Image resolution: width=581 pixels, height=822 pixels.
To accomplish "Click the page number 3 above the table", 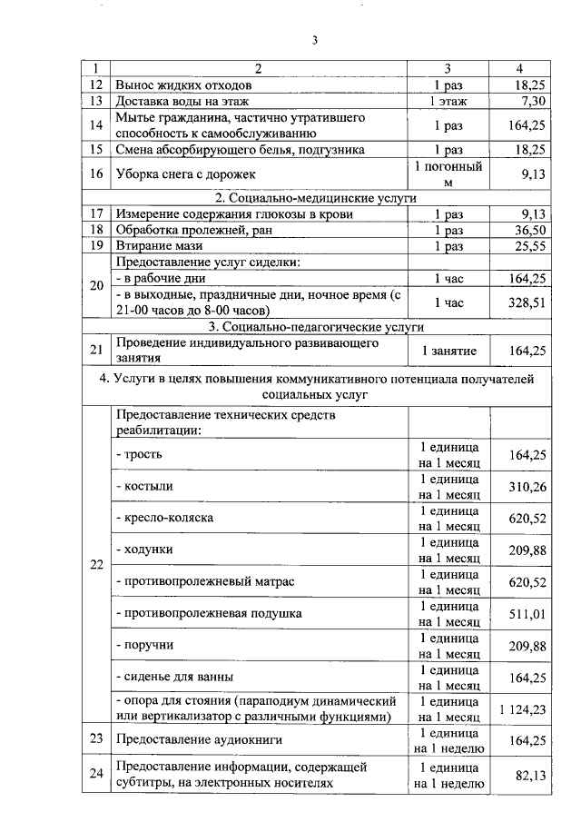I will click(x=315, y=40).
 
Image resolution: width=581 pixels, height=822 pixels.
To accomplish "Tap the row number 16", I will click(x=96, y=173).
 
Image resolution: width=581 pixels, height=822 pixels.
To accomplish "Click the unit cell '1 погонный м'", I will click(x=448, y=173).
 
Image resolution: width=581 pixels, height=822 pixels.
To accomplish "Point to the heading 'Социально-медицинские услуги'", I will click(x=315, y=197).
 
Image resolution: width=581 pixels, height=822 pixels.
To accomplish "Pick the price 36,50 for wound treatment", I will click(x=528, y=230).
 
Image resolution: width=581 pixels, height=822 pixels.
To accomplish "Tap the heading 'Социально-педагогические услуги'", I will click(x=315, y=327).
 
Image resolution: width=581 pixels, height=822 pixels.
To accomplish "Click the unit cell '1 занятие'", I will click(x=448, y=350).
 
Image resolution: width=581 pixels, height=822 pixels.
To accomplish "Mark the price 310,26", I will click(x=526, y=487).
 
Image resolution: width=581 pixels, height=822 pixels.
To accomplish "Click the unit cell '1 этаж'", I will click(x=448, y=101).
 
